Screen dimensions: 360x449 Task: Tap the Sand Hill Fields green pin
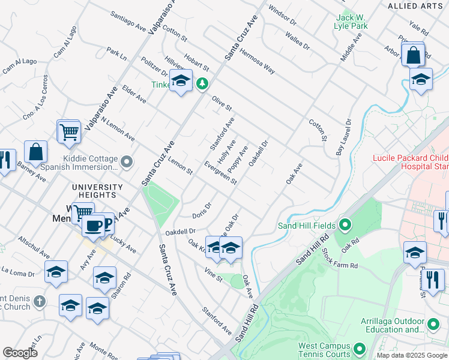pyautogui.click(x=345, y=226)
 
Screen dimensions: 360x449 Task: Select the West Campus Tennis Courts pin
pyautogui.click(x=360, y=349)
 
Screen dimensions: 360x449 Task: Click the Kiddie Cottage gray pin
pyautogui.click(x=127, y=162)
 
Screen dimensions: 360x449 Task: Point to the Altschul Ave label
pyautogui.click(x=34, y=247)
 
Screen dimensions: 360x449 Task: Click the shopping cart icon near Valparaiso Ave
pyautogui.click(x=69, y=131)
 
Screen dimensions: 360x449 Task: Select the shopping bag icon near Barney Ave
pyautogui.click(x=36, y=152)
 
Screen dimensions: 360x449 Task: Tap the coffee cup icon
pyautogui.click(x=92, y=226)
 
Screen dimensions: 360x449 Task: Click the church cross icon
pyautogui.click(x=39, y=301)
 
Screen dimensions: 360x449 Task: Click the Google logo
pyautogui.click(x=20, y=353)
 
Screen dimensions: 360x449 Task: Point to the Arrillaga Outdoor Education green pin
pyautogui.click(x=433, y=325)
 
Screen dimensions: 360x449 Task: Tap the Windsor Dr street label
pyautogui.click(x=283, y=17)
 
